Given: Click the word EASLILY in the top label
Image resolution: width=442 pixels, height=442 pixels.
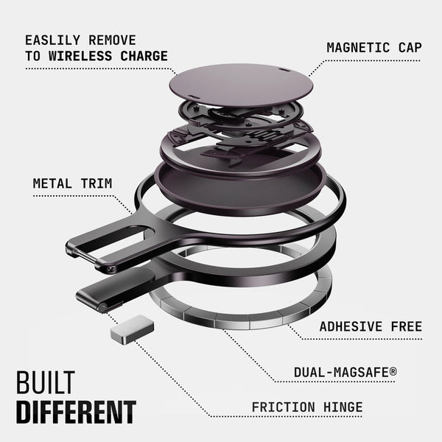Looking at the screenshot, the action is click(53, 41).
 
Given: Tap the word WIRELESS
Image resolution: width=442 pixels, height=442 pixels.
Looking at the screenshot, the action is click(80, 56).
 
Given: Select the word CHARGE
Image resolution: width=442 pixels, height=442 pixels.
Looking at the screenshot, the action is click(144, 56).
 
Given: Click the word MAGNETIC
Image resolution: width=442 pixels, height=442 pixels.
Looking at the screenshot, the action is click(358, 47).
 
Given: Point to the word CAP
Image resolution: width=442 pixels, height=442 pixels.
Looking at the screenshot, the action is click(410, 47).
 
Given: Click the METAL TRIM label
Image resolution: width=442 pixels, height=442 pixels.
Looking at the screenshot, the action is click(72, 183).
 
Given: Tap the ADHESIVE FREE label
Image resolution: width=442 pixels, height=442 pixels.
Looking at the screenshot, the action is click(371, 326).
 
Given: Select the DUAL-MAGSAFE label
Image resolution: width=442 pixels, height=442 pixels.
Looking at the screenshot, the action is click(345, 372).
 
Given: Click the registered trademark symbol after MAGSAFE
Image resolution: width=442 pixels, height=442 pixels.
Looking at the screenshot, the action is click(393, 371).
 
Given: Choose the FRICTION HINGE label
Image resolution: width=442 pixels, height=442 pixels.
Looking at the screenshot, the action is click(307, 407).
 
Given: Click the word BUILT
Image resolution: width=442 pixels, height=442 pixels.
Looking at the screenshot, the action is click(46, 382).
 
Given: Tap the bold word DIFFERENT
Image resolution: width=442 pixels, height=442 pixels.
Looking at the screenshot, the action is click(76, 412).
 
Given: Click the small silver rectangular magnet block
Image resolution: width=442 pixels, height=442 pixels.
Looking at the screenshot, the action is click(132, 330).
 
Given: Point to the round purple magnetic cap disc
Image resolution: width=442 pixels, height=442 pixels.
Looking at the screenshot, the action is click(242, 85).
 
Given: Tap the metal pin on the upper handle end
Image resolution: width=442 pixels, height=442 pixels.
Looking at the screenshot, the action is click(84, 256).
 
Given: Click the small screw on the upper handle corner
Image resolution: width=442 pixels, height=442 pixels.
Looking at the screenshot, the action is click(110, 269).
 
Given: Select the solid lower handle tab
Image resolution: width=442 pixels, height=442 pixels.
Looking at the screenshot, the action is click(116, 290).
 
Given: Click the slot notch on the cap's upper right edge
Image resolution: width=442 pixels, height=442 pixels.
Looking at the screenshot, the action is click(283, 69).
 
